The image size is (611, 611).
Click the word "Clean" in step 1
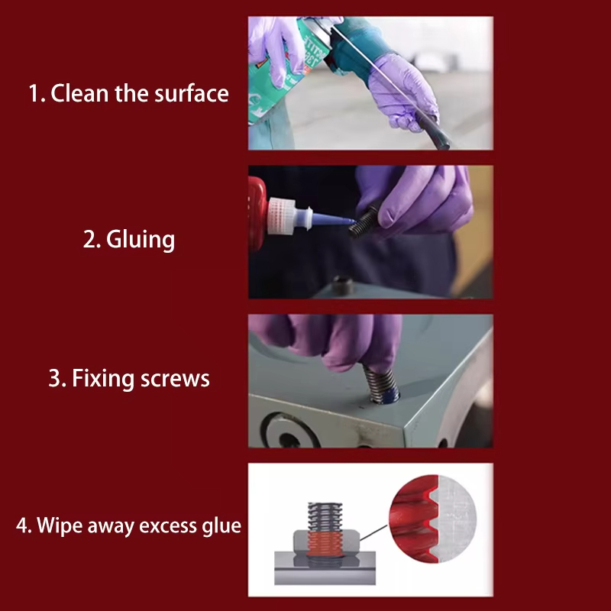80,93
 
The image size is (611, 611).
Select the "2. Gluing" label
129,239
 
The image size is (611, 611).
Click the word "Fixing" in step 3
103,379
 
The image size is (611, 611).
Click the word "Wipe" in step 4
60,525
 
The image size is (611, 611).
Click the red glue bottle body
258,215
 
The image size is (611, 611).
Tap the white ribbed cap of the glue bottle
281,217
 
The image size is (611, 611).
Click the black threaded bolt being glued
364,222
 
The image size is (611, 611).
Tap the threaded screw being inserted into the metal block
380,385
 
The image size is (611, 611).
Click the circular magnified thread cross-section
433,519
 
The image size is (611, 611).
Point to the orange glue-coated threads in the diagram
325,544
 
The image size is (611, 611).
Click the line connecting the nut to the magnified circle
373,532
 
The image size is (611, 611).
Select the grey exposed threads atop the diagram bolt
325,517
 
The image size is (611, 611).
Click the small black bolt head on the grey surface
342,286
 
